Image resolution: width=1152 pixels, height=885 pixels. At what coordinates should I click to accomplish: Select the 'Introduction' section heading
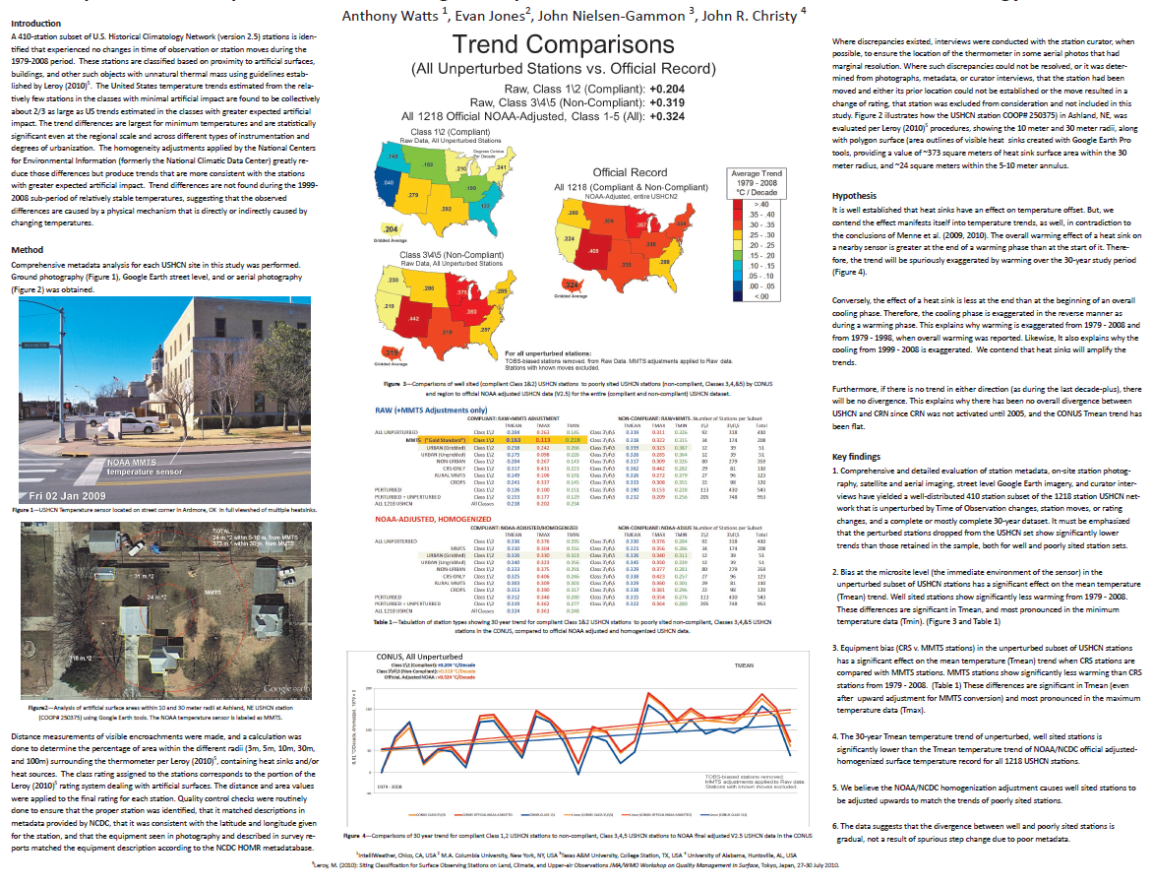pyautogui.click(x=34, y=23)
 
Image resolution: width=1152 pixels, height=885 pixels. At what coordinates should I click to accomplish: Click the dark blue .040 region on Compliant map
pyautogui.click(x=388, y=183)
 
